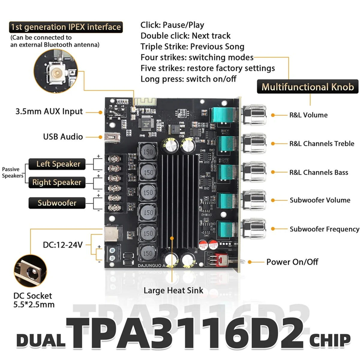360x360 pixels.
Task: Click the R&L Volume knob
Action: click(x=254, y=115)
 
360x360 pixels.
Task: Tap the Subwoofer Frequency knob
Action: click(x=254, y=229)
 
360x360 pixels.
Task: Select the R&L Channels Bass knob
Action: click(x=254, y=172)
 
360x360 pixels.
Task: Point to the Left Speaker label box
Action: click(x=57, y=164)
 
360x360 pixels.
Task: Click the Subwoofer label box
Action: click(x=57, y=203)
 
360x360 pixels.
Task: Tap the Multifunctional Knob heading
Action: click(x=307, y=87)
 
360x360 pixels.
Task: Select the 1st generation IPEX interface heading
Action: click(x=66, y=27)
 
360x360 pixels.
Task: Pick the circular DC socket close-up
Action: click(x=30, y=271)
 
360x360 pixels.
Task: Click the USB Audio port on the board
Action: click(x=112, y=137)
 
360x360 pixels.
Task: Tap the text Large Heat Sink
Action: click(x=173, y=290)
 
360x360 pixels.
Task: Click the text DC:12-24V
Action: click(x=62, y=245)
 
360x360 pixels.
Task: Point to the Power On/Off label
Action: click(x=292, y=262)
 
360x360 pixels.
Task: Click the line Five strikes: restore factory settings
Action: click(x=208, y=68)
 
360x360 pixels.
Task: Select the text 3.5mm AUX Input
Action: click(x=49, y=112)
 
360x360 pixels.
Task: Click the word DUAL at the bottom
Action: click(x=41, y=341)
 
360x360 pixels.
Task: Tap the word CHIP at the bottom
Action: click(x=330, y=341)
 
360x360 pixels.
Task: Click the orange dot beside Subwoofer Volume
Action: click(x=273, y=200)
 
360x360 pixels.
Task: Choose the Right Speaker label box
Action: click(x=57, y=182)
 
